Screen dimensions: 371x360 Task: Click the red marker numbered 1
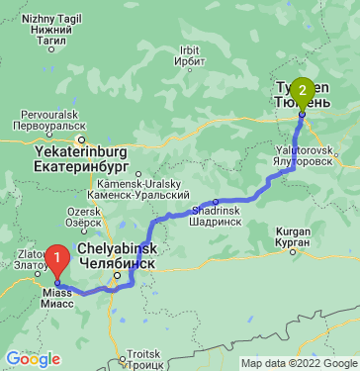pyautogui.click(x=58, y=261)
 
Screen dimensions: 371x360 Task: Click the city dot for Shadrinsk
pyautogui.click(x=215, y=201)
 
